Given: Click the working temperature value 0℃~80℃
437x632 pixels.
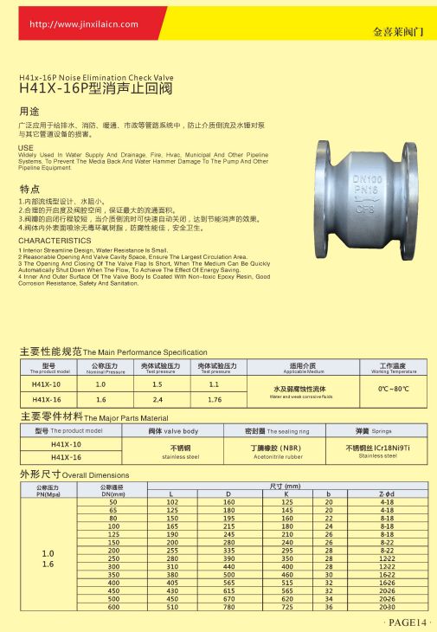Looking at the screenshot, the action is (393, 390).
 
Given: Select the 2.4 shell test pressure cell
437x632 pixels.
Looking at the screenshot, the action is (157, 400).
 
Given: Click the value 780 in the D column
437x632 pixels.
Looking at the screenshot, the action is (229, 606).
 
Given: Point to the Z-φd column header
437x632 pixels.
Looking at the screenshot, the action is (387, 494).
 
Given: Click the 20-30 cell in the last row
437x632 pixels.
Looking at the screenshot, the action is (387, 606).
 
